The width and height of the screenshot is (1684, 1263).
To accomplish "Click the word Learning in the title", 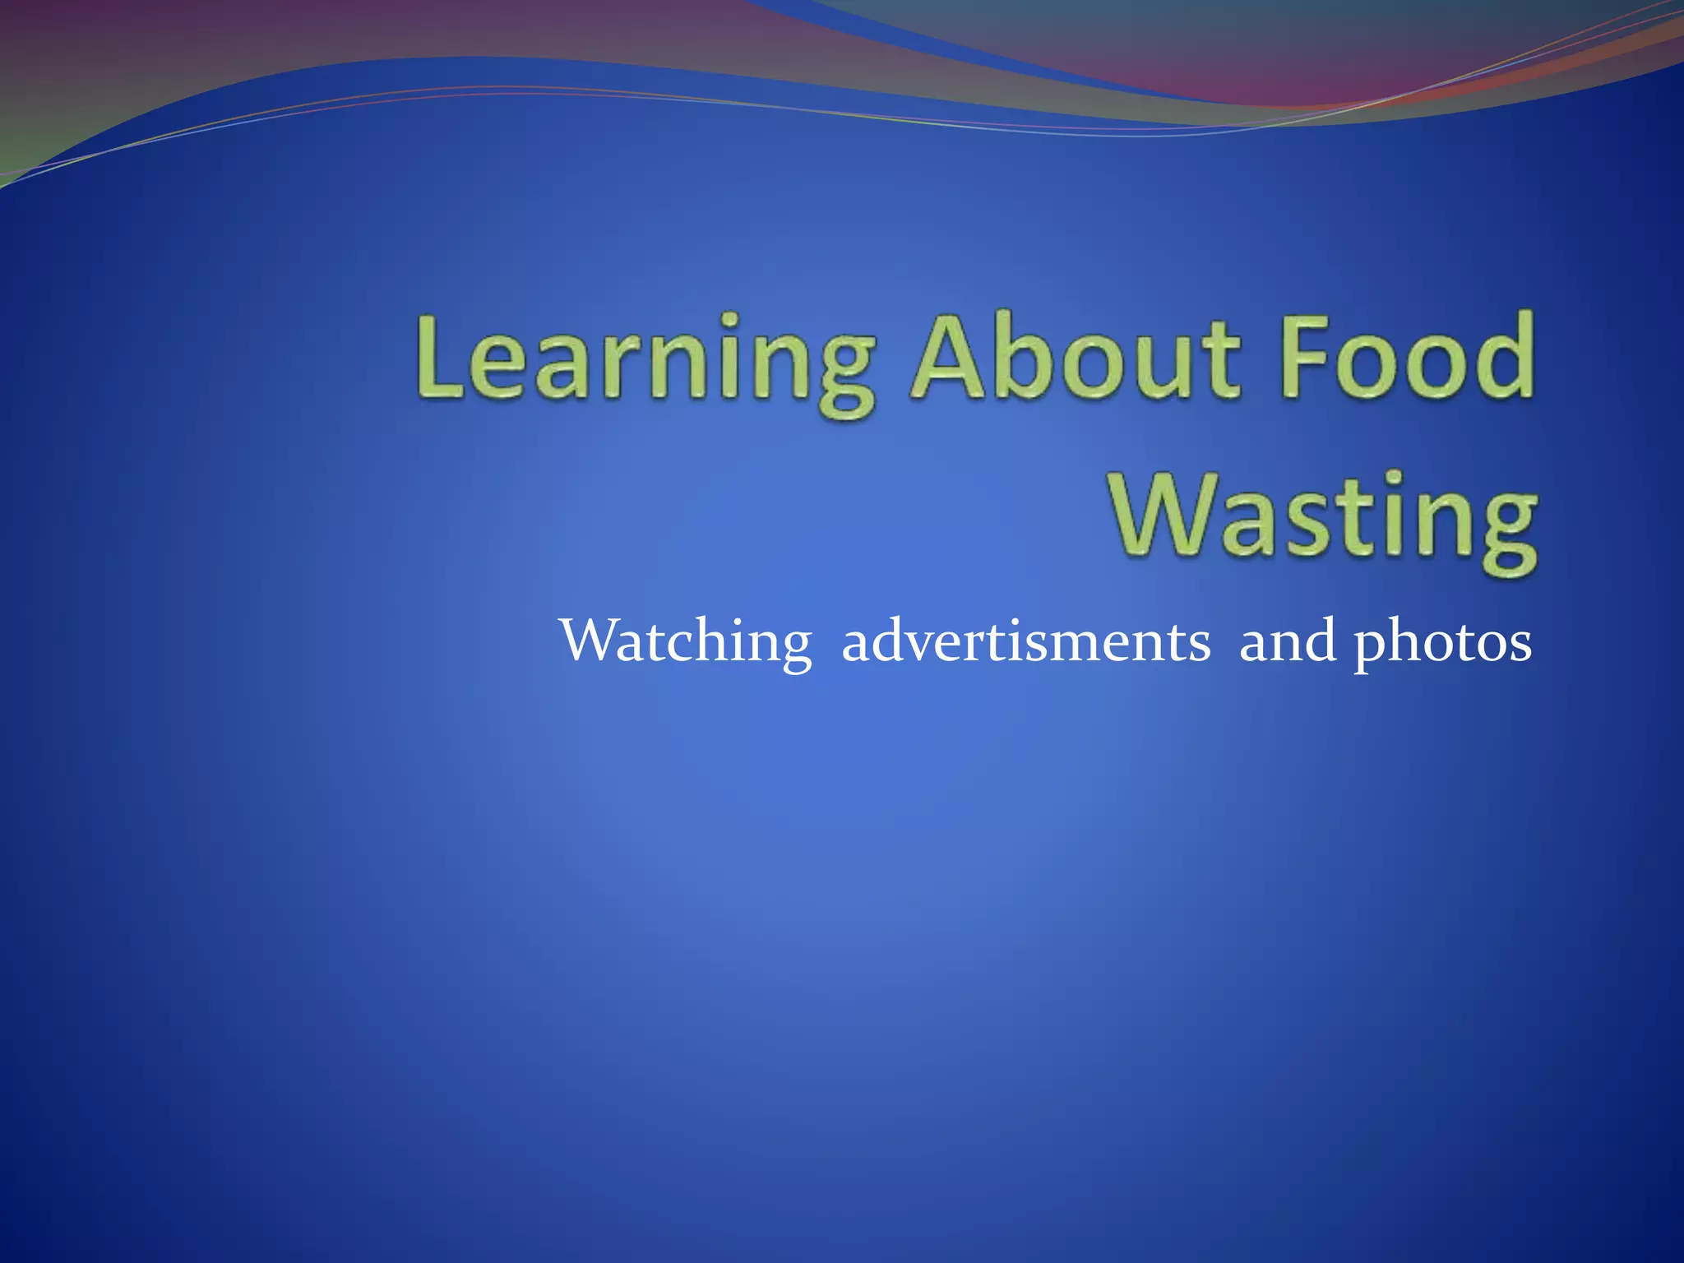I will point(645,362).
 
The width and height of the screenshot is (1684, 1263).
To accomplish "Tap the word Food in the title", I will point(1408,358).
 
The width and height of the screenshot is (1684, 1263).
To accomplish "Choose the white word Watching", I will point(686,642).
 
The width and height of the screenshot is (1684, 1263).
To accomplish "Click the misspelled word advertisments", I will point(1025,641).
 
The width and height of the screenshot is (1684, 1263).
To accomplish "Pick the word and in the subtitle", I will point(1287,641).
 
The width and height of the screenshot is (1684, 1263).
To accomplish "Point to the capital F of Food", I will point(1307,358).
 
